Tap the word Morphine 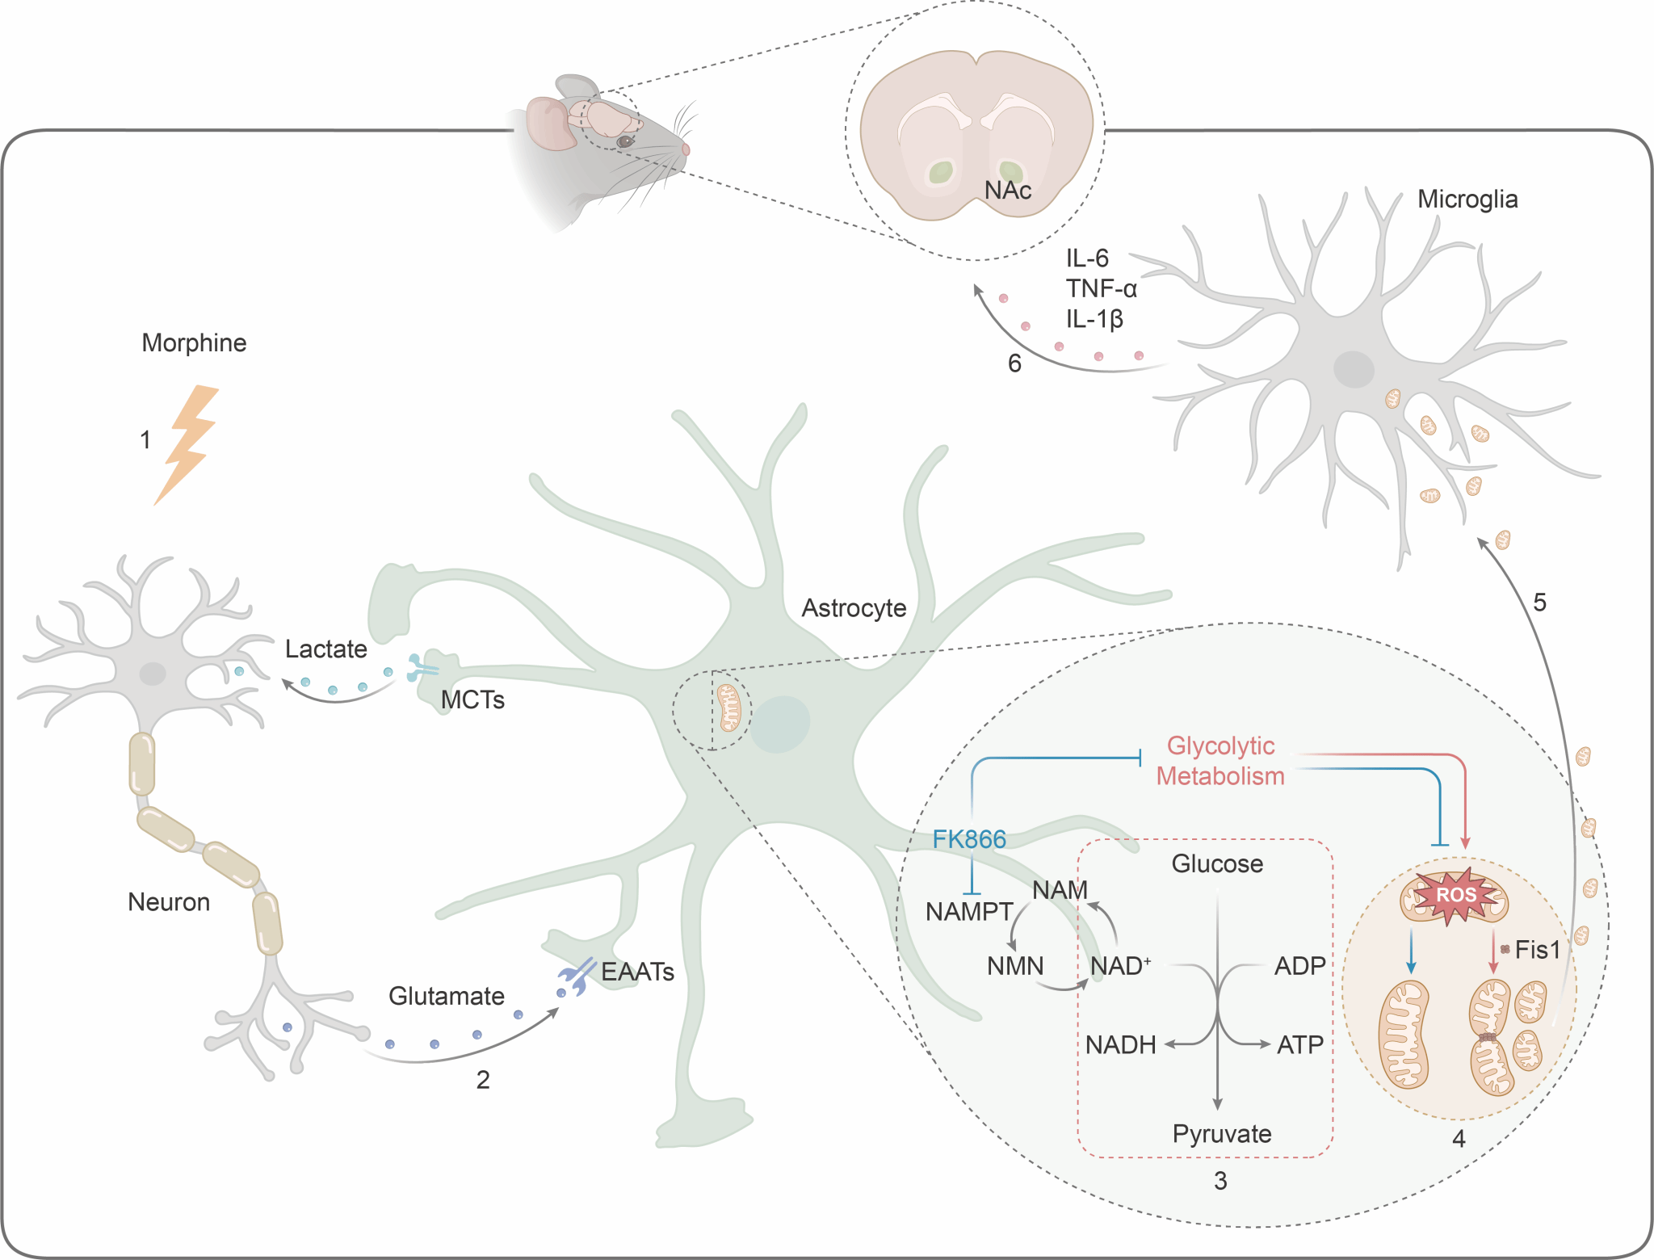[194, 343]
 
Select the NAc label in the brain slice [1008, 191]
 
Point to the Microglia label [1467, 199]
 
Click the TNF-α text [1101, 288]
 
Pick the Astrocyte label [854, 608]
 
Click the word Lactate [325, 649]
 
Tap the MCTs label [472, 700]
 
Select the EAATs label [637, 972]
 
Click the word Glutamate [446, 997]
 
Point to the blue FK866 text [969, 840]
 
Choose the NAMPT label [969, 912]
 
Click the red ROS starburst [1456, 895]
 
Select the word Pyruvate [1222, 1134]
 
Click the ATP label [1299, 1045]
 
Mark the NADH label [1120, 1045]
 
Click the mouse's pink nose [686, 149]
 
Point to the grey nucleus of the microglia [1354, 370]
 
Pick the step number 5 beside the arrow [1539, 603]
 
